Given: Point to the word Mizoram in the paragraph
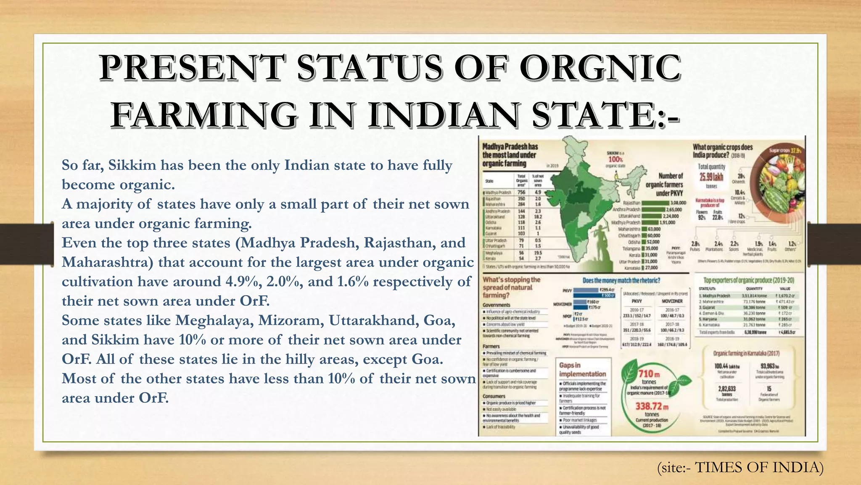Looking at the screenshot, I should (290, 320).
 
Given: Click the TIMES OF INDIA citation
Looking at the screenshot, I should (759, 467).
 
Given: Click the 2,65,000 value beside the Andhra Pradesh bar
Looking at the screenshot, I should (674, 209).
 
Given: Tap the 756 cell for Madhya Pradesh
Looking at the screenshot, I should (521, 192).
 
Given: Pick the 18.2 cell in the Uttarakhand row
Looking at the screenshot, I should (538, 216).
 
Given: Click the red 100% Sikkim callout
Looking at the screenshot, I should (615, 159).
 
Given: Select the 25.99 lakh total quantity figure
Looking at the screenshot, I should (711, 176).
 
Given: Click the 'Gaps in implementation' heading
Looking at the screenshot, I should (582, 370).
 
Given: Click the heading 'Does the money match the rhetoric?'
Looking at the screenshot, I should (621, 280).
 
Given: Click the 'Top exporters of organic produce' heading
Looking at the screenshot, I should (749, 280).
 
